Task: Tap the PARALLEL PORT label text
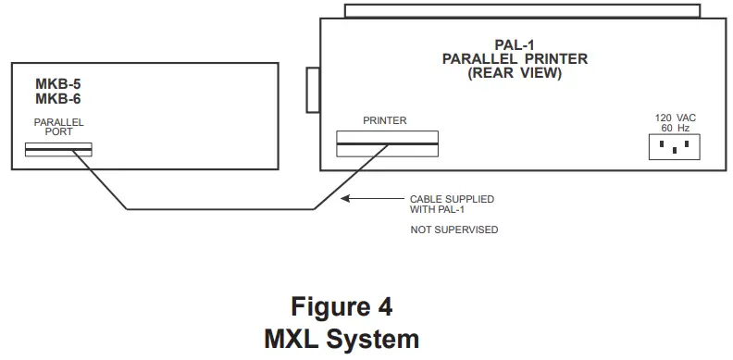click(58, 127)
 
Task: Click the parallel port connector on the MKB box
click(58, 149)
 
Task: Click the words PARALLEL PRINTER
click(516, 59)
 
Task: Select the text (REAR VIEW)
click(516, 72)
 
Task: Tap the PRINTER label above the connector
click(385, 120)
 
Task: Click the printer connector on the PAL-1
click(387, 143)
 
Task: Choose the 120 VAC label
click(675, 118)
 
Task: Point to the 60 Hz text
click(675, 128)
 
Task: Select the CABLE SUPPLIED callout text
click(452, 199)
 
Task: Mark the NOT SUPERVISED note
click(454, 229)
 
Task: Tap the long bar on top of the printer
click(523, 10)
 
